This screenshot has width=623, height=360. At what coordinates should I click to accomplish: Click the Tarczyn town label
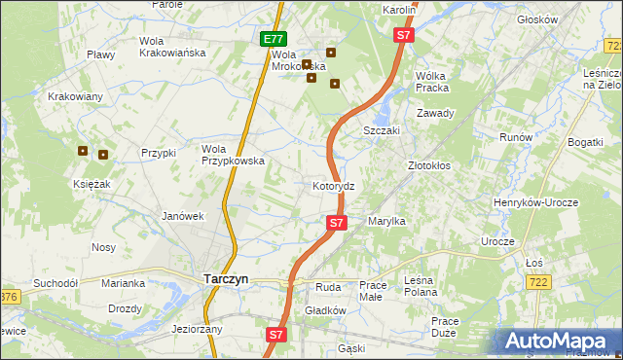tap(225, 278)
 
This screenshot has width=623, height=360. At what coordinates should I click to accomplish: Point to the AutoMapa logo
tap(559, 340)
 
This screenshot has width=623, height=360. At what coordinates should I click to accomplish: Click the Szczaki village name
tap(383, 130)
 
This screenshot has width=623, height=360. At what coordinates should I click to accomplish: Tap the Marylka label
tap(386, 222)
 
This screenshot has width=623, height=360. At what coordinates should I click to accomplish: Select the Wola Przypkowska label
tap(233, 155)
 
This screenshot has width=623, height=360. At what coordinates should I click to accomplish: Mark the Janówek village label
tap(182, 216)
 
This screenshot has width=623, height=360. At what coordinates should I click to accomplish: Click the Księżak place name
tap(90, 184)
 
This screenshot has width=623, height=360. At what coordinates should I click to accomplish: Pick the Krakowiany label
tap(75, 96)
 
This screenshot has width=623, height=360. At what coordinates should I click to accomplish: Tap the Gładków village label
tap(325, 310)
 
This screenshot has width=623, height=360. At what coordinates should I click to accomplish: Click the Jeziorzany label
tap(198, 329)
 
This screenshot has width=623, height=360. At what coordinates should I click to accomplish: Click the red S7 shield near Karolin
tap(405, 35)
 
